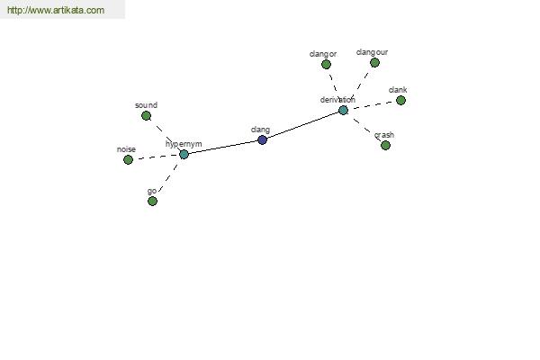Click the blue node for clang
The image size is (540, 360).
263,139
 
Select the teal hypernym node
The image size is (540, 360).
184,154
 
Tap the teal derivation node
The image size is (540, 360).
343,110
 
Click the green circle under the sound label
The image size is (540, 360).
146,116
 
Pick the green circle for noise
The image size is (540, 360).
128,160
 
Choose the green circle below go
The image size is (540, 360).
152,202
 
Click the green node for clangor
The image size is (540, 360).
326,65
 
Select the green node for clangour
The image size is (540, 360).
374,63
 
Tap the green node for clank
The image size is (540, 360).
400,101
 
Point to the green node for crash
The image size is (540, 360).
385,146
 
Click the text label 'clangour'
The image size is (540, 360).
372,52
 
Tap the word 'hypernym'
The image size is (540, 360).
184,144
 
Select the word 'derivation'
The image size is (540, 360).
337,100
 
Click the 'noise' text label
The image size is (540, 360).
126,149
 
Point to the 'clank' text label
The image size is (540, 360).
398,90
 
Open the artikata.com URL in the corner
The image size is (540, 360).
56,10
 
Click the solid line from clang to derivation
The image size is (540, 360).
302,125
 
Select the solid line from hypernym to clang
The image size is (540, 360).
223,147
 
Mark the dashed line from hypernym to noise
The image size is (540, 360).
156,157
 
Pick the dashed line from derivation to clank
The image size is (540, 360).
372,105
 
